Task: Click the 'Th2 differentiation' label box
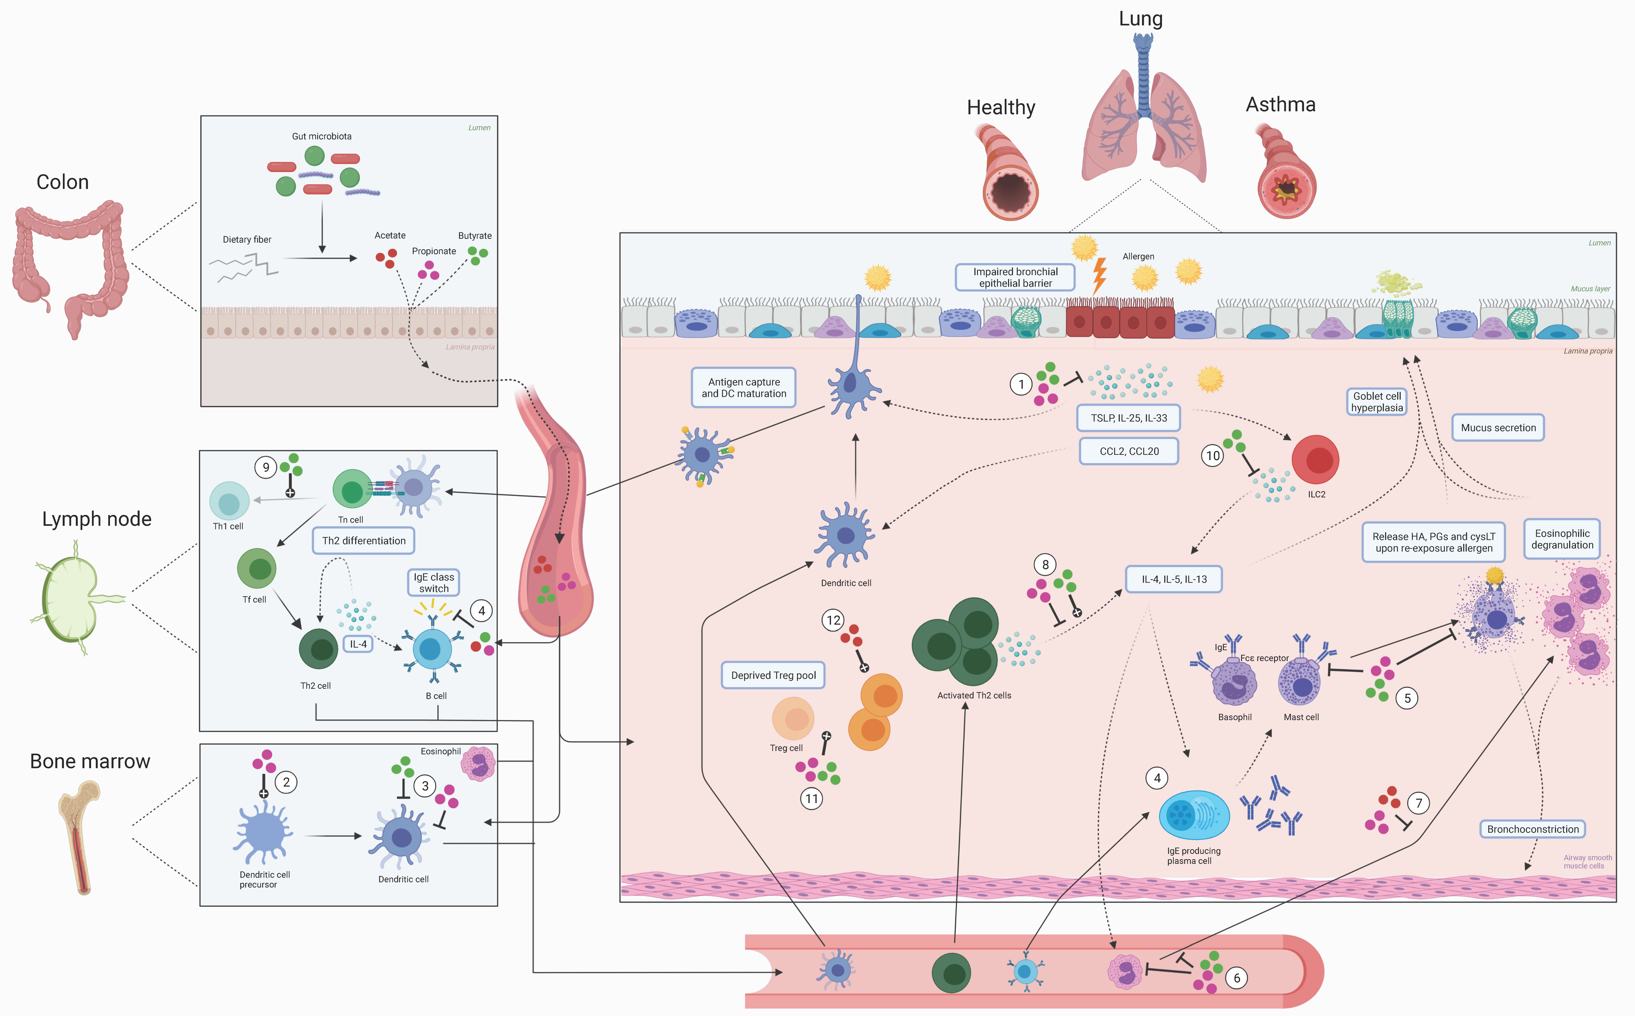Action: [363, 540]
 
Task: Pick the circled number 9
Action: [266, 467]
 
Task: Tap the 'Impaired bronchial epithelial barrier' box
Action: [1015, 277]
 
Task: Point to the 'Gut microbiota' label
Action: [322, 136]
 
